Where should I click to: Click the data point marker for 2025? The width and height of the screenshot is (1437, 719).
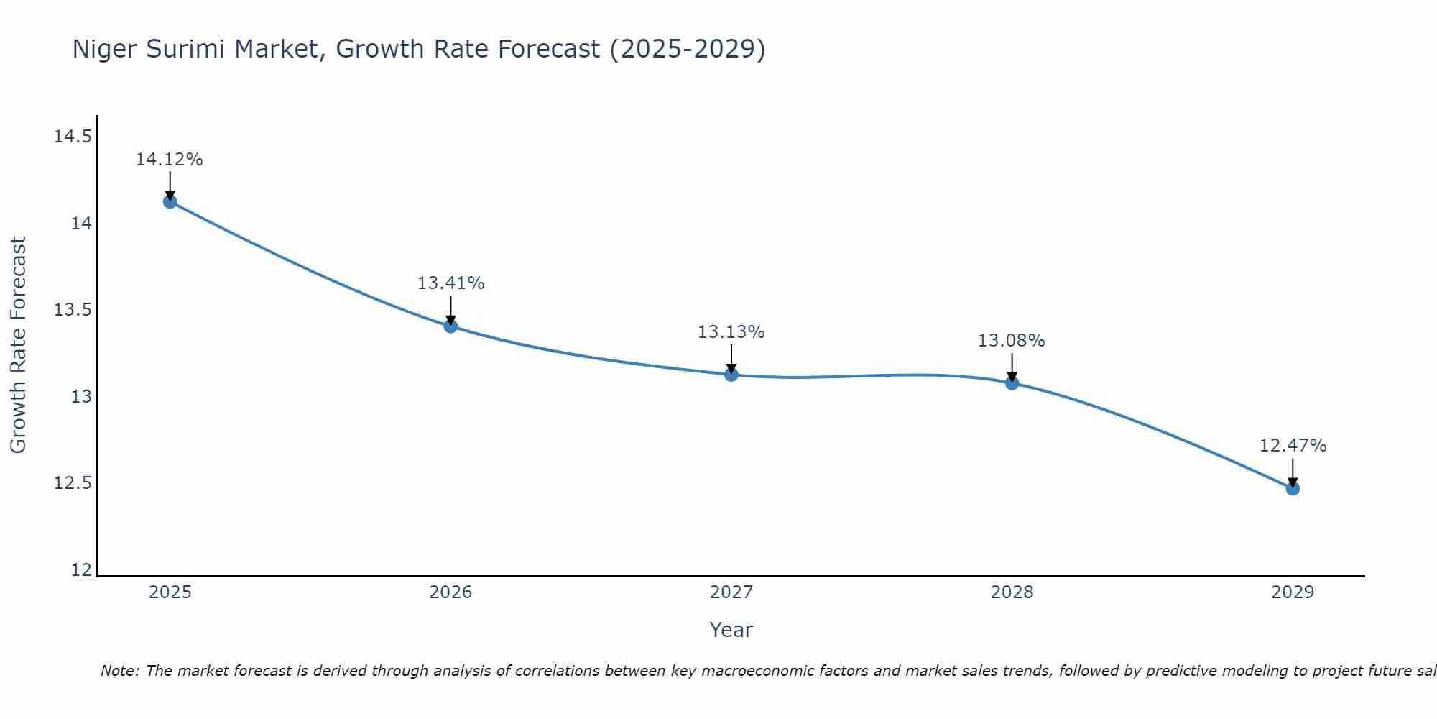click(x=170, y=201)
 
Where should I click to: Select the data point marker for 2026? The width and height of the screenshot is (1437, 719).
click(x=450, y=326)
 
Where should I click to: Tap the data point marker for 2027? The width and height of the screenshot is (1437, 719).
click(x=731, y=375)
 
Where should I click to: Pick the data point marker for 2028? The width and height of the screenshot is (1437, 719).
click(x=1012, y=383)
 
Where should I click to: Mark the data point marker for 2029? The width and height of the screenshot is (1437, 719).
click(x=1293, y=488)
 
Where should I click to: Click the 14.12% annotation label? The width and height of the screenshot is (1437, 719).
click(x=170, y=160)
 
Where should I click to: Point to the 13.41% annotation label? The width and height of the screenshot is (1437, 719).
click(x=450, y=283)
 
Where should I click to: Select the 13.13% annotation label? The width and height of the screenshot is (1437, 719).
click(x=731, y=332)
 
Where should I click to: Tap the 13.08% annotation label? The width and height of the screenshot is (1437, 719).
click(x=1011, y=341)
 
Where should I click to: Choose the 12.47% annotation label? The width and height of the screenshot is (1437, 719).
click(x=1293, y=446)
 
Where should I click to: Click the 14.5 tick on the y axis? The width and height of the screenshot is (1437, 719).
click(x=73, y=137)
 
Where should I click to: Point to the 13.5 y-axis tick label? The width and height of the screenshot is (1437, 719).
click(x=73, y=310)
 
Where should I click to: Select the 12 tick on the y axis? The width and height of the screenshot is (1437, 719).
click(x=82, y=570)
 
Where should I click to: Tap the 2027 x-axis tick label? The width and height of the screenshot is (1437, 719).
click(x=731, y=592)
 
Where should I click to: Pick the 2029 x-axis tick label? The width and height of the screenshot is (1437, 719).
click(x=1293, y=592)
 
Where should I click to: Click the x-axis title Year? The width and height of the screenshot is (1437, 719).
click(x=731, y=630)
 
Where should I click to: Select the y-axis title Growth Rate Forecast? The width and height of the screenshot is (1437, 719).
click(x=18, y=345)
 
